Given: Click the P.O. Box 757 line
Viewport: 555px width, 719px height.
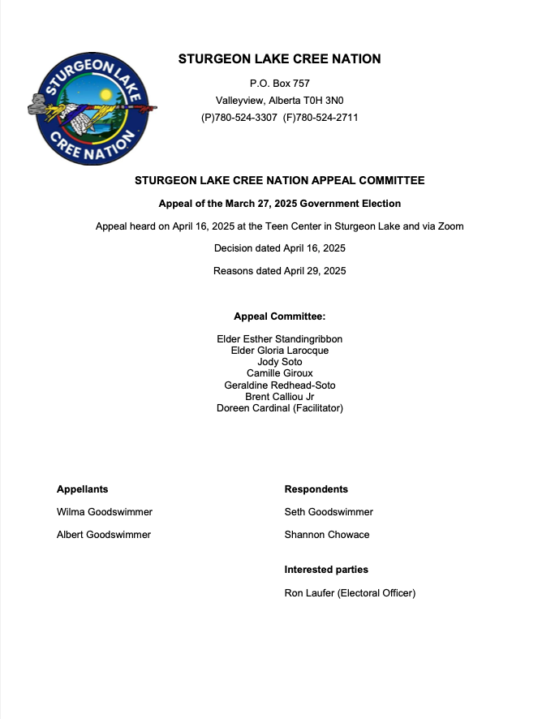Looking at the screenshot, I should click(x=279, y=84).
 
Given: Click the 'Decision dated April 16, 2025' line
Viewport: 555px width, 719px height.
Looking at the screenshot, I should click(x=279, y=248).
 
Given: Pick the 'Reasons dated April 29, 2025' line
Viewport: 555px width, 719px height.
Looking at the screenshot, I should click(x=279, y=271).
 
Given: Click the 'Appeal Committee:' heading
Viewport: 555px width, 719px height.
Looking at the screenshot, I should click(x=279, y=316).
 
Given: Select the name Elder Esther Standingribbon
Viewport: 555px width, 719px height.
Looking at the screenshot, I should click(x=279, y=339).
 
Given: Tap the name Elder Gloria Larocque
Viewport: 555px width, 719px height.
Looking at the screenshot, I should click(x=279, y=351).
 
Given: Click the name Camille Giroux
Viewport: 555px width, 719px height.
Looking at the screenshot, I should click(x=279, y=373).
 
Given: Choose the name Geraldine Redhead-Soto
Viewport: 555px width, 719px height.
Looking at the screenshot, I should click(x=279, y=385).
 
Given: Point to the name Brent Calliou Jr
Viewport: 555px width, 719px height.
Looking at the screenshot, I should click(x=279, y=397).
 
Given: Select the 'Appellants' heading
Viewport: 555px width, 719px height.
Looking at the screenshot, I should click(x=82, y=489).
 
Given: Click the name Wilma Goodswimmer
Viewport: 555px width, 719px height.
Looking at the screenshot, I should click(x=105, y=512).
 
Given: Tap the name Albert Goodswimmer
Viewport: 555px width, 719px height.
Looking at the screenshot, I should click(x=104, y=535).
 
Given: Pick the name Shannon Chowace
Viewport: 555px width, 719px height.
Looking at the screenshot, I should click(x=327, y=535).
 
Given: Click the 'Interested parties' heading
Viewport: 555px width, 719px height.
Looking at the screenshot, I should click(x=326, y=570).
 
